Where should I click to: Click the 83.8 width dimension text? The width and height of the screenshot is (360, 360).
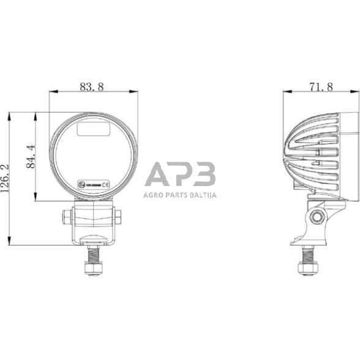click(92, 87)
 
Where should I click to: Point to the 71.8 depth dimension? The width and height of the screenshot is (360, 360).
click(321, 87)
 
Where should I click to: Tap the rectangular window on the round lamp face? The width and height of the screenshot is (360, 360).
click(92, 129)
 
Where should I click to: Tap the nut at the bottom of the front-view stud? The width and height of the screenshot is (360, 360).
click(92, 268)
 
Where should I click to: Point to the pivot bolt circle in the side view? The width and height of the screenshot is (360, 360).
click(317, 216)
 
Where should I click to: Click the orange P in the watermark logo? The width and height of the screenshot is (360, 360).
click(181, 176)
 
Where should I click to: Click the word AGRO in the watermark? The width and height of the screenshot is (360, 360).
click(153, 196)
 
